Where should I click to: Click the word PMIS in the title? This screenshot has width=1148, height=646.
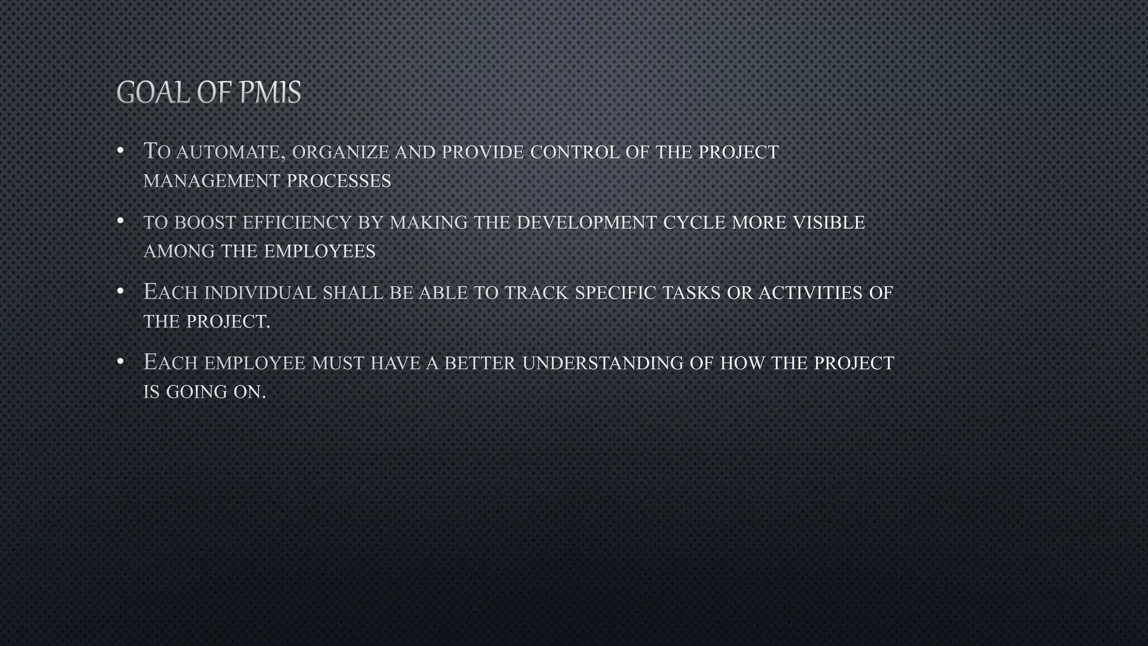[x=270, y=93]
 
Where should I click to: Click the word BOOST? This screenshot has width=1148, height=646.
[x=205, y=223]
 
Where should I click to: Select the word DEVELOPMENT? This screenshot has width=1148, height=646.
[x=586, y=223]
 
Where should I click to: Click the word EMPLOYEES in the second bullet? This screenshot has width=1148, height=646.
[x=320, y=251]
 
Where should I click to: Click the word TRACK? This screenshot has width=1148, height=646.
[x=536, y=293]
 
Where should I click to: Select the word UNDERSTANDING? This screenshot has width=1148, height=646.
[x=603, y=363]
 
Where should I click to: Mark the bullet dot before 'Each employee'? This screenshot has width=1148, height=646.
[x=120, y=362]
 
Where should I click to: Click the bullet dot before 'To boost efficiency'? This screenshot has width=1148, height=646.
[x=120, y=221]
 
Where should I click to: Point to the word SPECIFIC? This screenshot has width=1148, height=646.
[x=615, y=293]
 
